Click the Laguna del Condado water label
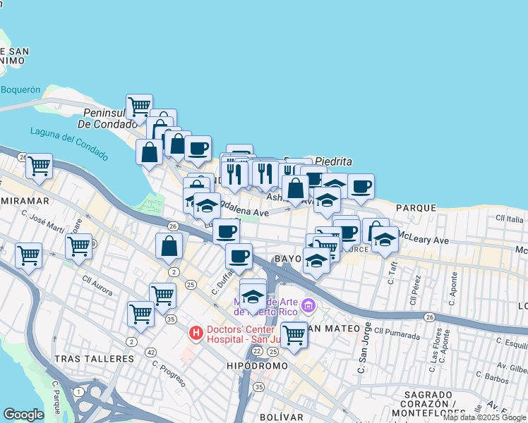(69, 143)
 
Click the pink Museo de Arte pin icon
(308, 306)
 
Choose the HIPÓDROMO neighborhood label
(257, 366)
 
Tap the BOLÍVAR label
(281, 417)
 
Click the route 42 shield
(150, 352)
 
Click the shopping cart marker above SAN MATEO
(294, 334)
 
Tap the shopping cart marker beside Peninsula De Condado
(139, 106)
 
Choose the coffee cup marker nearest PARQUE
(361, 186)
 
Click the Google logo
(23, 415)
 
